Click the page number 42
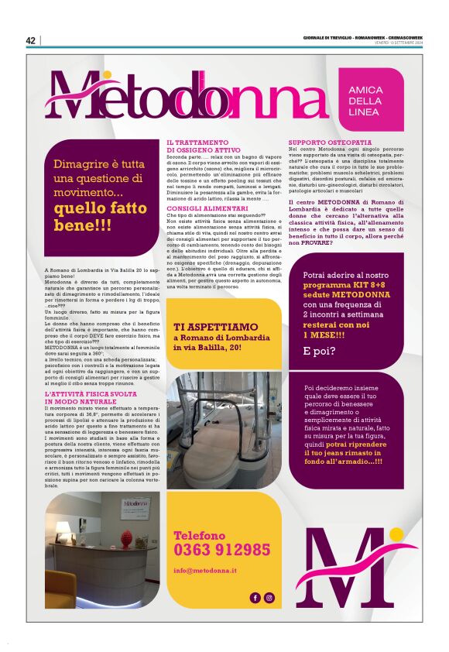point(31,41)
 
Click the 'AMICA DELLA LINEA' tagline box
point(365,101)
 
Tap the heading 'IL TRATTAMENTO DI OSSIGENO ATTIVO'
point(197,147)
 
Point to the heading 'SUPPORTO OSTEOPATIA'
point(320,143)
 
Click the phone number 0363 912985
point(222,551)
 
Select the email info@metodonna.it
point(205,571)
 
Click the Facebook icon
point(255,597)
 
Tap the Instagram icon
point(269,597)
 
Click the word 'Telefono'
point(199,536)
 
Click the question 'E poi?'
point(318,351)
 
